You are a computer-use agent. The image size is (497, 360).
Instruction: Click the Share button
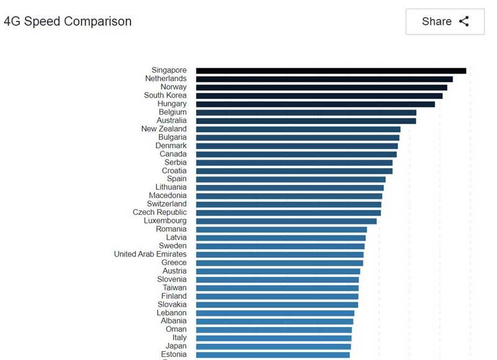pyautogui.click(x=445, y=22)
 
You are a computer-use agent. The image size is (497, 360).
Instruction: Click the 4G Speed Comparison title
pyautogui.click(x=68, y=22)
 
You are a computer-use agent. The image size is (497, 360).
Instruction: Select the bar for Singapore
pyautogui.click(x=331, y=71)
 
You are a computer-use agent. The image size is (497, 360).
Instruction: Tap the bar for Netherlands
pyautogui.click(x=324, y=79)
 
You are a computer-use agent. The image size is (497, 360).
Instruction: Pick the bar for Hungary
pyautogui.click(x=315, y=104)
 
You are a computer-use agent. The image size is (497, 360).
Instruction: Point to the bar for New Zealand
pyautogui.click(x=298, y=129)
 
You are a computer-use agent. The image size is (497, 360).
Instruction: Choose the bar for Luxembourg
pyautogui.click(x=286, y=221)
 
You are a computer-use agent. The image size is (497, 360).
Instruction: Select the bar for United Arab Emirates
pyautogui.click(x=280, y=254)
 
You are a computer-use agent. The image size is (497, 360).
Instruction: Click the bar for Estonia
pyautogui.click(x=273, y=355)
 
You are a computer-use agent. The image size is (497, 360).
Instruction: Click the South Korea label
pyautogui.click(x=165, y=96)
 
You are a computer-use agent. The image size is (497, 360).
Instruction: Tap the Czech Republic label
pyautogui.click(x=160, y=212)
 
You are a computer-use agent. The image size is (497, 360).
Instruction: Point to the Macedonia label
pyautogui.click(x=168, y=196)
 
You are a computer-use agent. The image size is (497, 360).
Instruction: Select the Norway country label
pyautogui.click(x=173, y=87)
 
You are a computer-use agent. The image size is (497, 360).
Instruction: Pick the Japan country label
pyautogui.click(x=176, y=346)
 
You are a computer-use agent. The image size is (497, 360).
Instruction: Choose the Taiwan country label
pyautogui.click(x=175, y=288)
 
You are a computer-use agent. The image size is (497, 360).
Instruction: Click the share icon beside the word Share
pyautogui.click(x=464, y=22)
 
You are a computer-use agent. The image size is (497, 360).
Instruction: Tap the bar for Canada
pyautogui.click(x=296, y=154)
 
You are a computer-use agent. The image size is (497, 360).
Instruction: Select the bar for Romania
pyautogui.click(x=281, y=230)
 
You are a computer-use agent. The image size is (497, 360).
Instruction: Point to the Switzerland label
pyautogui.click(x=166, y=204)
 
